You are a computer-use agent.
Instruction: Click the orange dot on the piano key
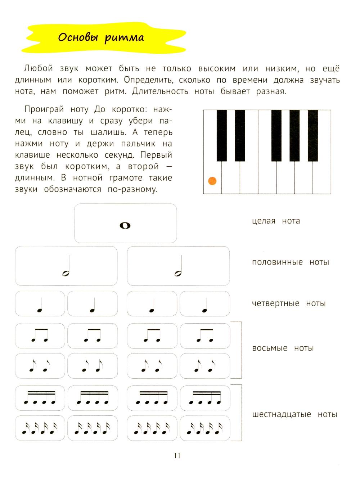(212, 181)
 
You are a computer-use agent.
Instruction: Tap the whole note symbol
(125, 226)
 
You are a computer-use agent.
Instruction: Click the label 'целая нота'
(276, 221)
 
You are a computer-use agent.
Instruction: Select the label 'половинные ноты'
(290, 262)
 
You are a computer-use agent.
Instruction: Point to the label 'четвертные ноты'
(288, 303)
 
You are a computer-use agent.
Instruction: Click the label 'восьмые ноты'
(283, 348)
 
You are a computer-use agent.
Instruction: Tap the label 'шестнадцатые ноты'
(294, 414)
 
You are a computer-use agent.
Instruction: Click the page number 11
(177, 456)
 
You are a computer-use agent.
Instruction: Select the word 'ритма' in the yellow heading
(124, 37)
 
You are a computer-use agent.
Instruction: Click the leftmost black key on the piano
(221, 135)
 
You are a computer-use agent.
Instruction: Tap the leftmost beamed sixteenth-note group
(40, 398)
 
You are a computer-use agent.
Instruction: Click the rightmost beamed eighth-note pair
(205, 335)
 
